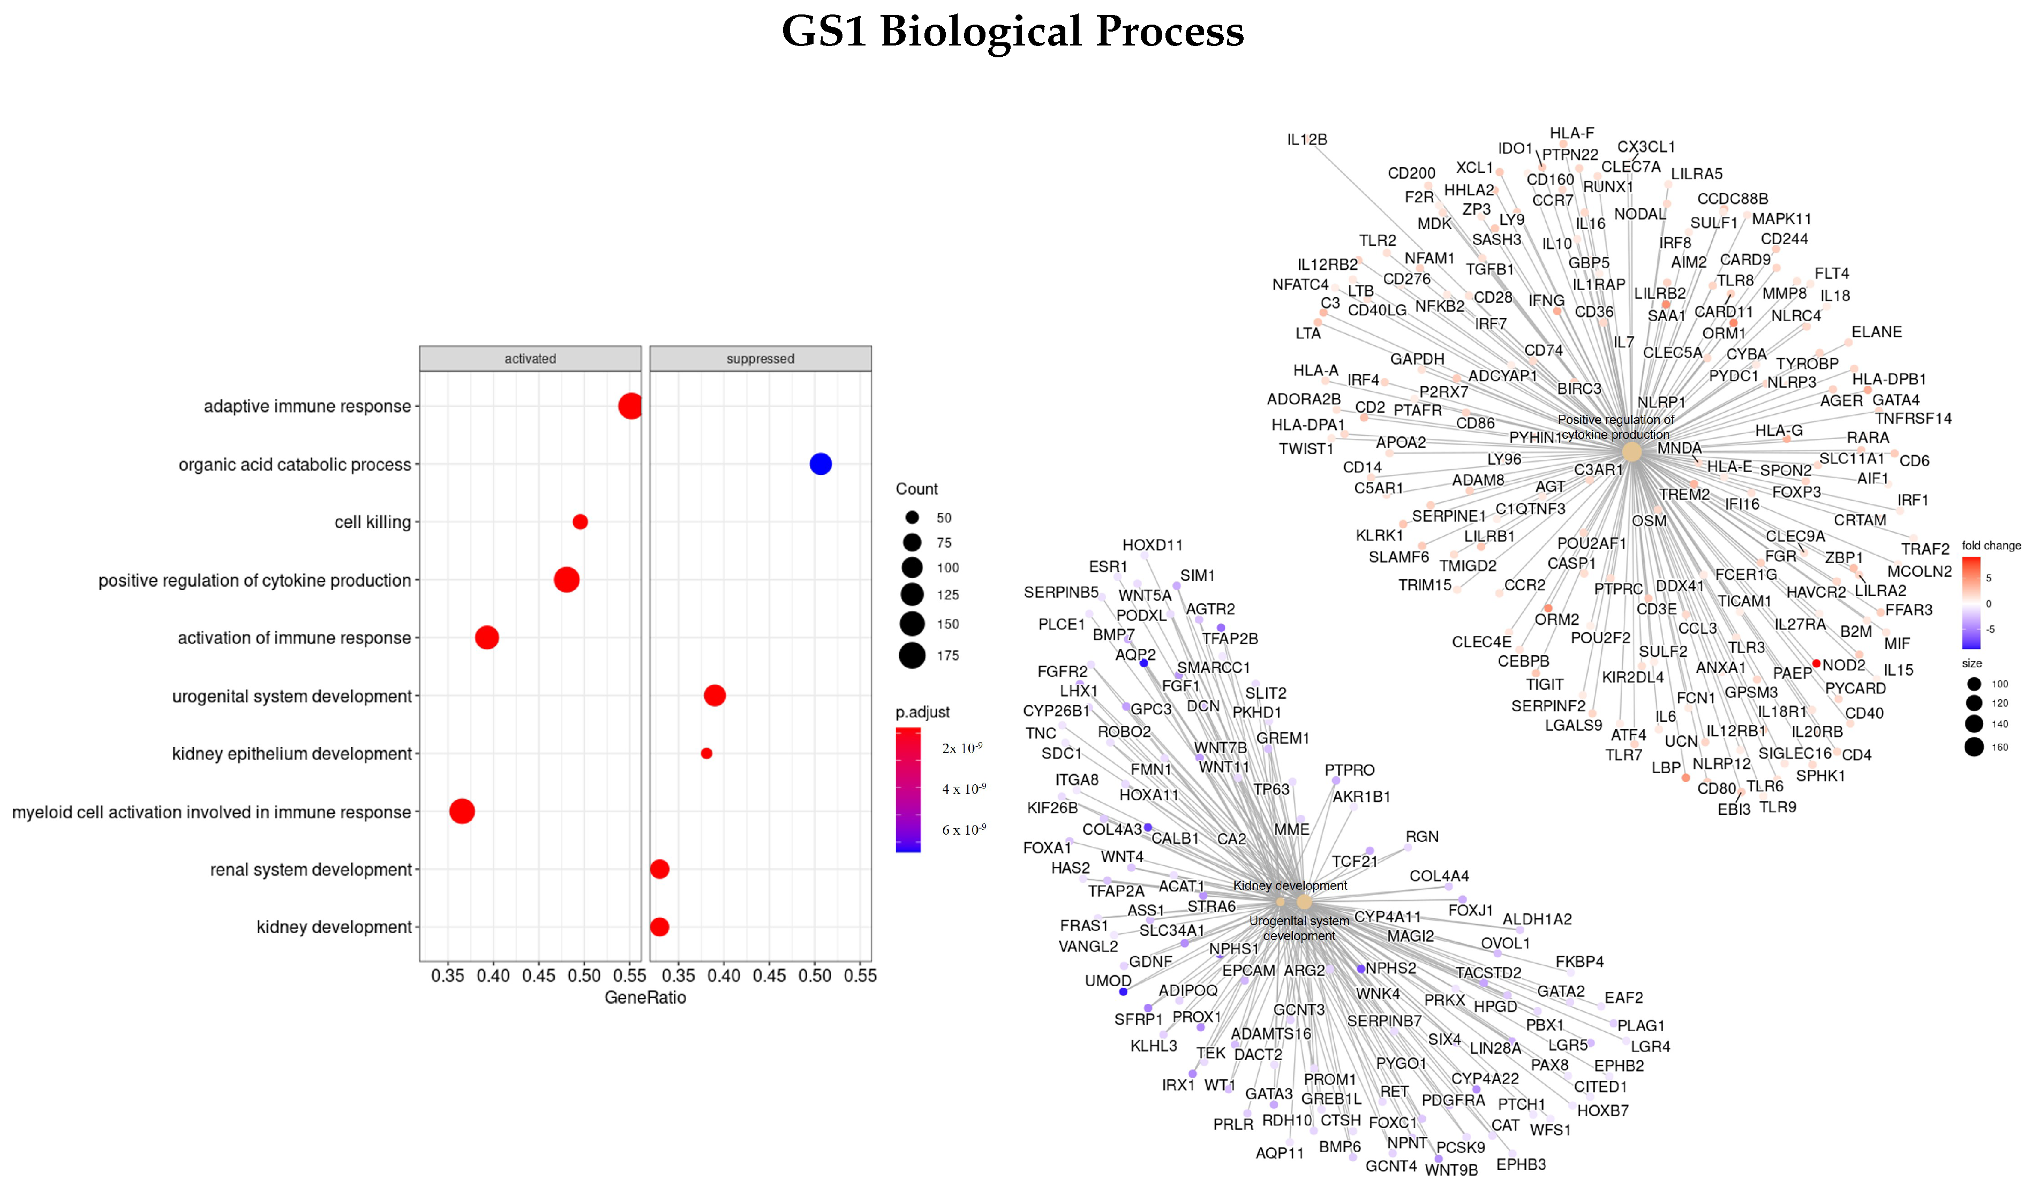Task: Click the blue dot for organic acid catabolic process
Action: (x=821, y=464)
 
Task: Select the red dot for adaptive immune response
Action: (x=630, y=406)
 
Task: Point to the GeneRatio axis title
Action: (x=645, y=998)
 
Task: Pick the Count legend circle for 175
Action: (x=912, y=656)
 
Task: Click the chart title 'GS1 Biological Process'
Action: (x=1012, y=32)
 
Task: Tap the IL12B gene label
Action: (x=1307, y=140)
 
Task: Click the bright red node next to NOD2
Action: (x=1817, y=664)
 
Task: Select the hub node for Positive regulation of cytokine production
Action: (x=1632, y=452)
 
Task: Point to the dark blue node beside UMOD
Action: (x=1123, y=992)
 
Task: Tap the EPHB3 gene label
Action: (x=1521, y=1164)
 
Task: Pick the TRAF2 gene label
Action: (x=1925, y=550)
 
